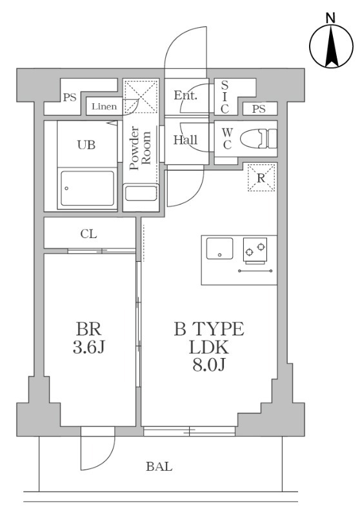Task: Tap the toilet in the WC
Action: point(262,139)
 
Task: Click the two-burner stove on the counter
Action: point(255,249)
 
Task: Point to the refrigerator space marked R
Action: point(262,177)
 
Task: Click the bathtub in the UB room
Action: point(87,190)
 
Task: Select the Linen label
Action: point(104,106)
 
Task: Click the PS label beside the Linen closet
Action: point(70,98)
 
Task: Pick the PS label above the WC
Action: point(259,109)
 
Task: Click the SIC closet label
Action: point(225,97)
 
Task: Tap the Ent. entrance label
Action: point(185,96)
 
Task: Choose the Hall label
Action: point(186,140)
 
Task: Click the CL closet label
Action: point(89,233)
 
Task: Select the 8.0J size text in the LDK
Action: point(208,365)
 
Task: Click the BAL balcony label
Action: point(159,466)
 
